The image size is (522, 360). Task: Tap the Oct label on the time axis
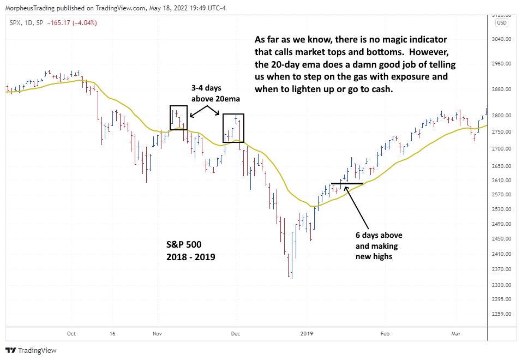(x=71, y=333)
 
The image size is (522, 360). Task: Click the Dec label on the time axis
(x=236, y=333)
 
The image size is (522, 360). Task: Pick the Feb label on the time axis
(x=385, y=333)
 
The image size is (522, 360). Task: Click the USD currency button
(x=501, y=23)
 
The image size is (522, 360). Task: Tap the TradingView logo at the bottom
(x=31, y=350)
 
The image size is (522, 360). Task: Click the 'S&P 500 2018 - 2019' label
(x=190, y=251)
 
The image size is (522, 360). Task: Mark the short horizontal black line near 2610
(x=346, y=183)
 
